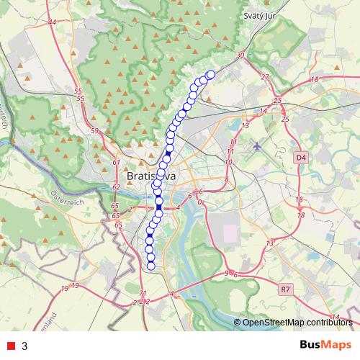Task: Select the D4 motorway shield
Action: (x=300, y=156)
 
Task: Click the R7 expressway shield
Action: (x=286, y=289)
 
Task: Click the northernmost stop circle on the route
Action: (x=211, y=74)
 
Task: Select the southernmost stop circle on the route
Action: (x=150, y=266)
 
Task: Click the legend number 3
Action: (x=24, y=346)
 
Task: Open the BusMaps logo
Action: (x=323, y=346)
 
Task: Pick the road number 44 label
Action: (x=52, y=22)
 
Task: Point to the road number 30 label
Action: (x=240, y=55)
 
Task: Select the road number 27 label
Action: (x=264, y=77)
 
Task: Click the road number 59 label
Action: (x=94, y=131)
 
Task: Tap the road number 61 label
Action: (x=116, y=163)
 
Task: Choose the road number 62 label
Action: (x=116, y=187)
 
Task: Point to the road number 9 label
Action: (x=226, y=273)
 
